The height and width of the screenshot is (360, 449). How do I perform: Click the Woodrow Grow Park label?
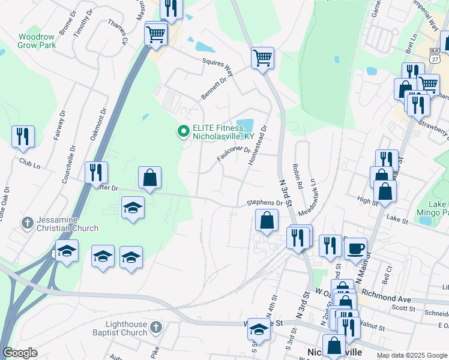click(x=36, y=41)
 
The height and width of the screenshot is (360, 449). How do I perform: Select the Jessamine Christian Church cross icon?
click(x=27, y=223)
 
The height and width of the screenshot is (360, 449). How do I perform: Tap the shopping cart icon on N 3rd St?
click(x=262, y=59)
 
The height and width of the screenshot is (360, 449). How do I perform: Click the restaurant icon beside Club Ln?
click(x=23, y=137)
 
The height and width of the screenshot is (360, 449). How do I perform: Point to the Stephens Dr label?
click(x=264, y=203)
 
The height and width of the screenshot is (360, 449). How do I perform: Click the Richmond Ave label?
click(x=394, y=298)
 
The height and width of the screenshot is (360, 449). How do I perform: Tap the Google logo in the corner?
click(x=20, y=352)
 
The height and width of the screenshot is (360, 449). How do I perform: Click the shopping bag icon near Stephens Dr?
click(x=267, y=220)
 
